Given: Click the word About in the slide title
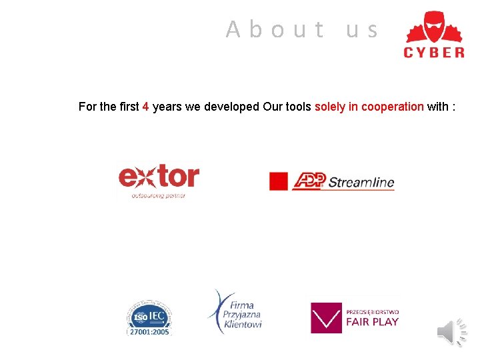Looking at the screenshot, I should click(275, 30).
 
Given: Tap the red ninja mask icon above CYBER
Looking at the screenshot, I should click(434, 27).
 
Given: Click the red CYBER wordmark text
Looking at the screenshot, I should click(434, 53).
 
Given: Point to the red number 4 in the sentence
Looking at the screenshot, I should click(145, 107).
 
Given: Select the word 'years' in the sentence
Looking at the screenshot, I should click(167, 107).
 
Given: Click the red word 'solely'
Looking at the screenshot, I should click(330, 107).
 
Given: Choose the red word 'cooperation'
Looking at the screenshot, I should click(392, 107).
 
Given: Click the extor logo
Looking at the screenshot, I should click(159, 177).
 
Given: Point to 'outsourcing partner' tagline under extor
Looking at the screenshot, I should click(158, 196).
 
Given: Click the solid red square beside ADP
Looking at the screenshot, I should click(278, 181).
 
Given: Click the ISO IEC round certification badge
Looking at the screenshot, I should click(149, 315).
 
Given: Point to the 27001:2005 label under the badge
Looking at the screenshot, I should click(149, 332).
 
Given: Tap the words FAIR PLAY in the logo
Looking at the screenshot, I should click(372, 322).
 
